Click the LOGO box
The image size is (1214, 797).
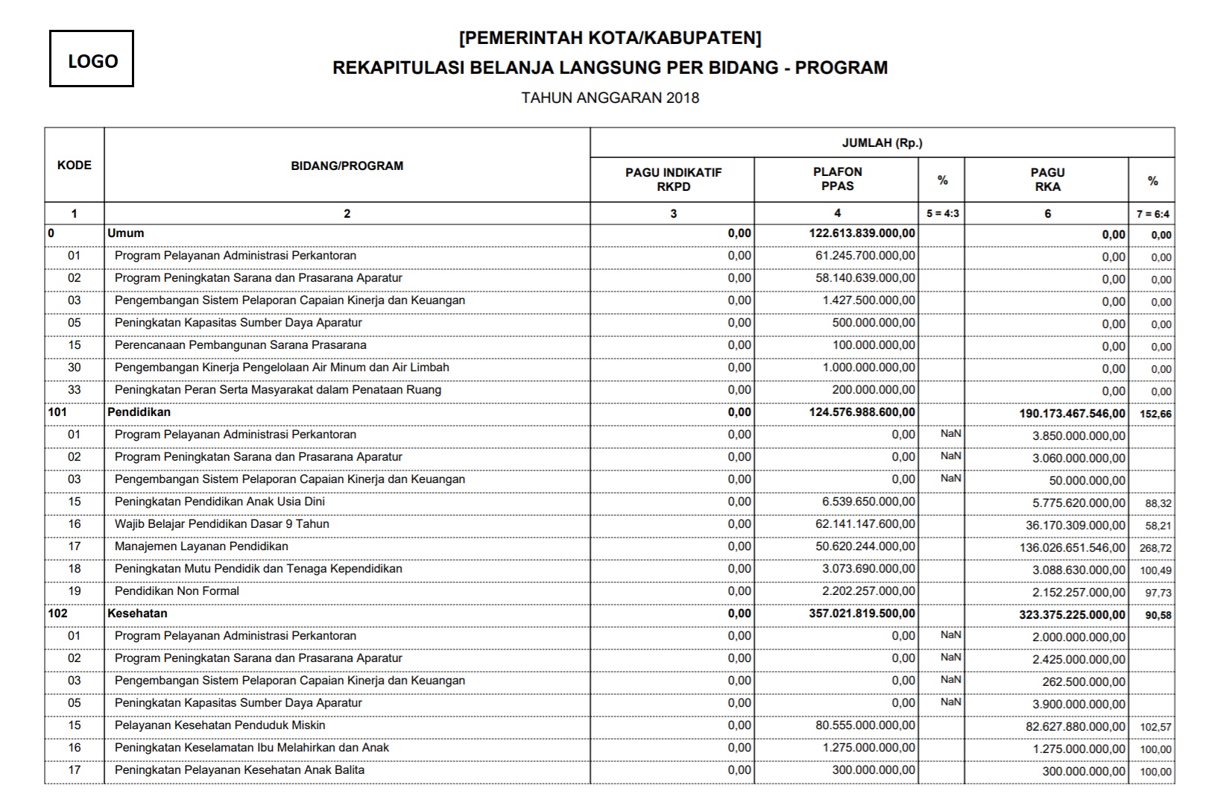click(92, 59)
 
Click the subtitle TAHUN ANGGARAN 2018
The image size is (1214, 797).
click(610, 98)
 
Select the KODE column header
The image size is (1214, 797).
click(74, 165)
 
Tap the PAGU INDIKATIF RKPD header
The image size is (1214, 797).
click(673, 180)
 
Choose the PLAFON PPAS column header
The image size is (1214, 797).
click(837, 179)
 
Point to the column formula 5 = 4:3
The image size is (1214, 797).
click(942, 214)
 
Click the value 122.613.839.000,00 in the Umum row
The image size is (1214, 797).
click(862, 233)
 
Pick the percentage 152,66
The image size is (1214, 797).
click(1155, 414)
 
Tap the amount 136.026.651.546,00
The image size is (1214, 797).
click(1072, 548)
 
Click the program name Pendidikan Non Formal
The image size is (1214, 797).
click(177, 591)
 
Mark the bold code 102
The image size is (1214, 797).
click(57, 614)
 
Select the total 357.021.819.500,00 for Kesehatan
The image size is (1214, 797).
click(862, 614)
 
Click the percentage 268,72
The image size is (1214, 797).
click(1155, 548)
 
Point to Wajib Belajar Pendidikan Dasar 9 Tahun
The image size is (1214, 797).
click(221, 524)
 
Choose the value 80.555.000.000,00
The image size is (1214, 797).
click(865, 725)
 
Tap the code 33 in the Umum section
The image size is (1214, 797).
click(74, 390)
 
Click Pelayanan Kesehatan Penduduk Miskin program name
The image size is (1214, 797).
click(219, 725)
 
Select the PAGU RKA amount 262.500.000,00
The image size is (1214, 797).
click(1084, 682)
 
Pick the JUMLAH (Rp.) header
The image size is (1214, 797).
click(882, 142)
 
